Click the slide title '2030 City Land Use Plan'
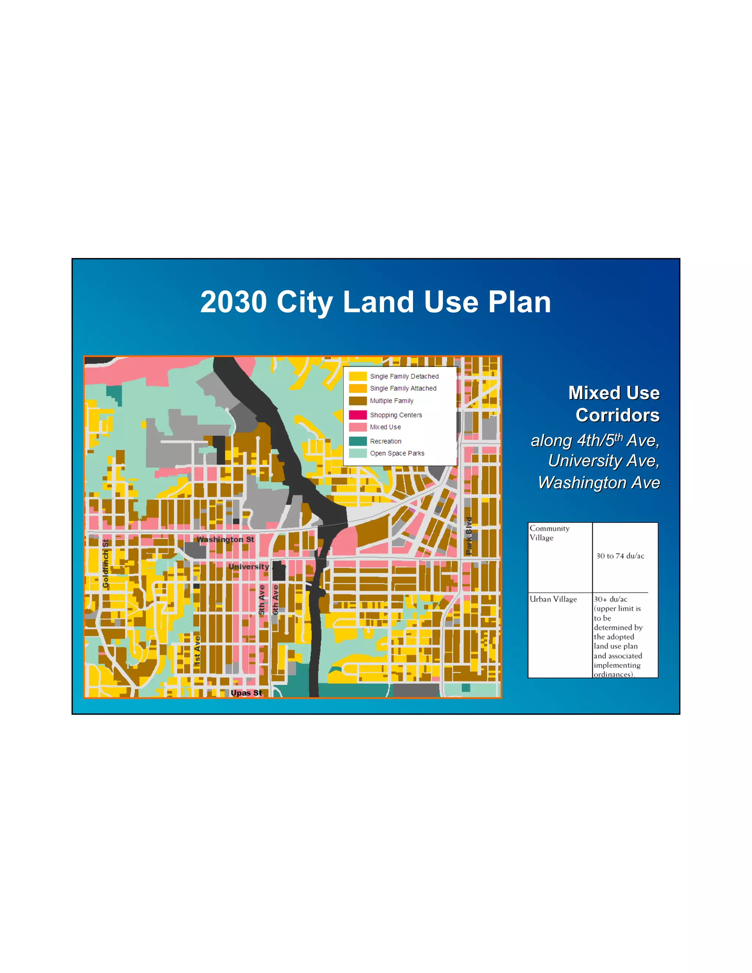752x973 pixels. pyautogui.click(x=376, y=302)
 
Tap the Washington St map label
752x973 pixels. pyautogui.click(x=225, y=539)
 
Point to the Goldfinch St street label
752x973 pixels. pyautogui.click(x=106, y=564)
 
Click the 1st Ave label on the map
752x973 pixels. pyautogui.click(x=197, y=651)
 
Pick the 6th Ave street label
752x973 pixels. pyautogui.click(x=275, y=600)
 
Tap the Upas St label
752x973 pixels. pyautogui.click(x=246, y=693)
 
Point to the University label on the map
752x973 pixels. pyautogui.click(x=249, y=567)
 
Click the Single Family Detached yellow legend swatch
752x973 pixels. pyautogui.click(x=358, y=376)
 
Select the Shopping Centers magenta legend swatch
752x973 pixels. pyautogui.click(x=358, y=415)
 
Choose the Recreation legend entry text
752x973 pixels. pyautogui.click(x=385, y=441)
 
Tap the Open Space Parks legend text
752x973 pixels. pyautogui.click(x=397, y=453)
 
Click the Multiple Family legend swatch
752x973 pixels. pyautogui.click(x=358, y=401)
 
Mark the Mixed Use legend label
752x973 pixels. pyautogui.click(x=385, y=427)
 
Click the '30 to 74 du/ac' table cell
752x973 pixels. pyautogui.click(x=620, y=556)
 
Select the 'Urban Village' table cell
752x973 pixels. pyautogui.click(x=553, y=599)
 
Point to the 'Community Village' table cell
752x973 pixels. pyautogui.click(x=549, y=533)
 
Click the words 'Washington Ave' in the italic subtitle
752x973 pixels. pyautogui.click(x=599, y=482)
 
